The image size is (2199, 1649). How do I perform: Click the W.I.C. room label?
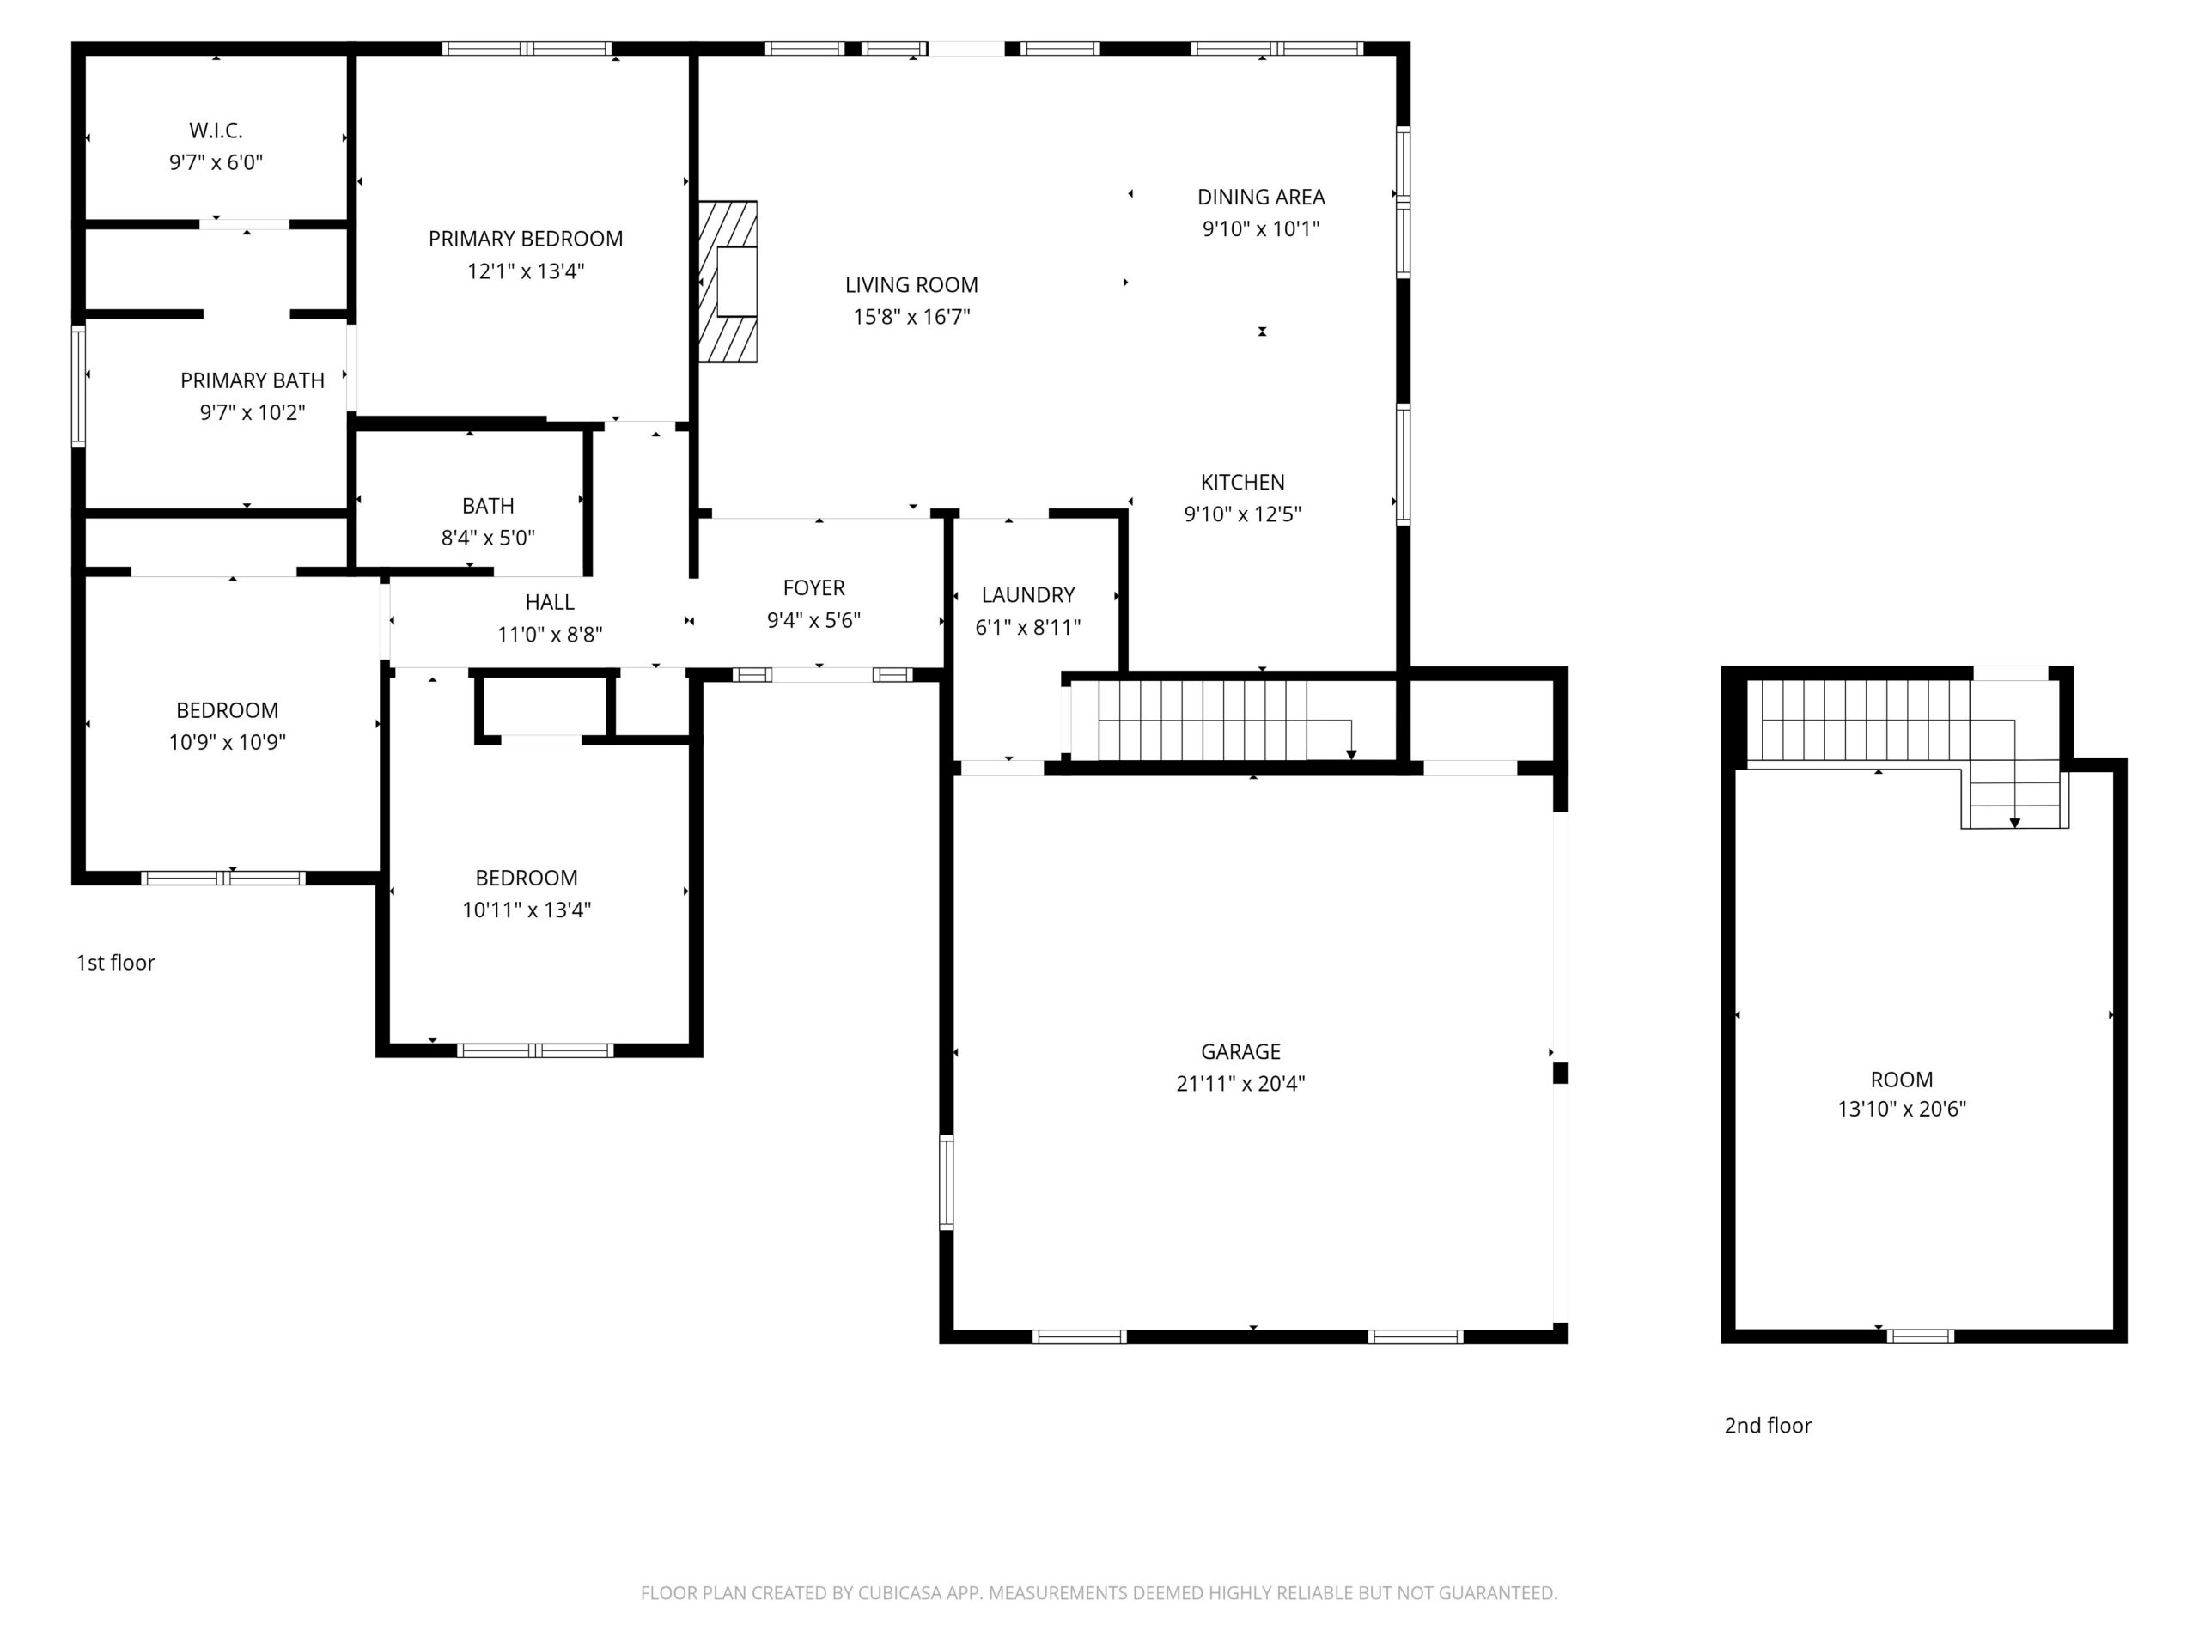tap(216, 131)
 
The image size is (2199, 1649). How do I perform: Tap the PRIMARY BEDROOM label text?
tap(526, 239)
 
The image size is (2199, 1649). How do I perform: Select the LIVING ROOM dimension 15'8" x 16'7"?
tap(911, 317)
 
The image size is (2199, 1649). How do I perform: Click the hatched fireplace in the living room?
tap(728, 283)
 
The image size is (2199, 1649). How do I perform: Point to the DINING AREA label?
tap(1260, 197)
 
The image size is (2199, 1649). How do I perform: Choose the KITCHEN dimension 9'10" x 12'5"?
tap(1243, 514)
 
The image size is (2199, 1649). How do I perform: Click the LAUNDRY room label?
tap(1028, 594)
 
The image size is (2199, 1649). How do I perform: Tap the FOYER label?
tap(813, 587)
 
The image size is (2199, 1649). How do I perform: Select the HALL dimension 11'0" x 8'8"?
tap(550, 634)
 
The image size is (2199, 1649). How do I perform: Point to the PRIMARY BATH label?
tap(253, 380)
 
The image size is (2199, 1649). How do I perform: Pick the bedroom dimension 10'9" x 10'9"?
tap(228, 741)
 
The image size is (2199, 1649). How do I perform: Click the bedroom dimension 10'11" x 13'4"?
tap(527, 910)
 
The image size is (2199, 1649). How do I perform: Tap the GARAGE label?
tap(1240, 1050)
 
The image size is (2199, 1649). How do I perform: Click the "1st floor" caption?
tap(115, 962)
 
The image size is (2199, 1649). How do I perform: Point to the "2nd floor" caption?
tap(1768, 1426)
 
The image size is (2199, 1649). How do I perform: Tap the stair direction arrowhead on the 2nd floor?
tap(2015, 823)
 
